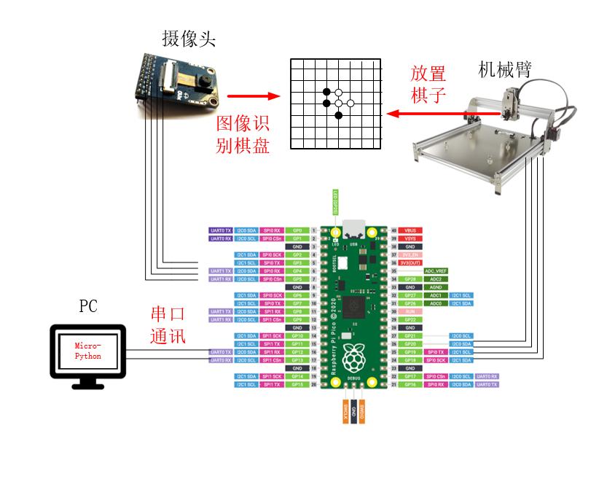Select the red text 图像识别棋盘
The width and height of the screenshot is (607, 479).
pyautogui.click(x=243, y=133)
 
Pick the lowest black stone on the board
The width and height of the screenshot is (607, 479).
pyautogui.click(x=338, y=115)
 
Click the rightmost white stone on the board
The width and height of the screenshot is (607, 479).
pyautogui.click(x=351, y=104)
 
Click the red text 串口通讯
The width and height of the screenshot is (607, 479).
pyautogui.click(x=168, y=325)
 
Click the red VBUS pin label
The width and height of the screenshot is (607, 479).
pyautogui.click(x=412, y=230)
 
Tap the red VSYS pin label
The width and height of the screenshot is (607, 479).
pyautogui.click(x=412, y=238)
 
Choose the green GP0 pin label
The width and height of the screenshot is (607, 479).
pyautogui.click(x=297, y=230)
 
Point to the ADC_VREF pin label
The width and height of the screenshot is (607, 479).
pyautogui.click(x=435, y=270)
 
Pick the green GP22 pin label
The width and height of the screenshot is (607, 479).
pyautogui.click(x=412, y=319)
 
